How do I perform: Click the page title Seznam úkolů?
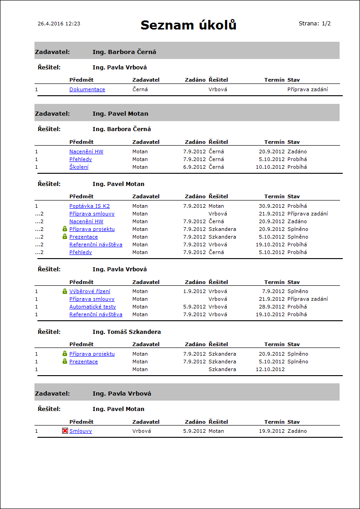[x=188, y=25]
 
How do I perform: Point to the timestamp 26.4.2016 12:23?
[x=59, y=24]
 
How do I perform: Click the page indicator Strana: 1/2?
[x=315, y=24]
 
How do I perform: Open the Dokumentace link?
[x=87, y=90]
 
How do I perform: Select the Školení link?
[x=79, y=167]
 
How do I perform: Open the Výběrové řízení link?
[x=90, y=291]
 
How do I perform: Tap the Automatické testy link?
[x=92, y=307]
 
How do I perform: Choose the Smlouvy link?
[x=80, y=431]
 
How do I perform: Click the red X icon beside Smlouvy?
[x=65, y=431]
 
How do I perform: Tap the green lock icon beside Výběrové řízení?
[x=65, y=291]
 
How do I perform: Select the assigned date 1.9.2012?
[x=195, y=291]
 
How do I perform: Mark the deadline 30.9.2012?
[x=272, y=206]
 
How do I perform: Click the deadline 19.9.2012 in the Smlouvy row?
[x=272, y=431]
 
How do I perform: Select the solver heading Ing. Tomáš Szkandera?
[x=126, y=332]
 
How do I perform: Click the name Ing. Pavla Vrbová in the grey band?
[x=122, y=394]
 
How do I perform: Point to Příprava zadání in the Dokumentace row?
[x=307, y=90]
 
